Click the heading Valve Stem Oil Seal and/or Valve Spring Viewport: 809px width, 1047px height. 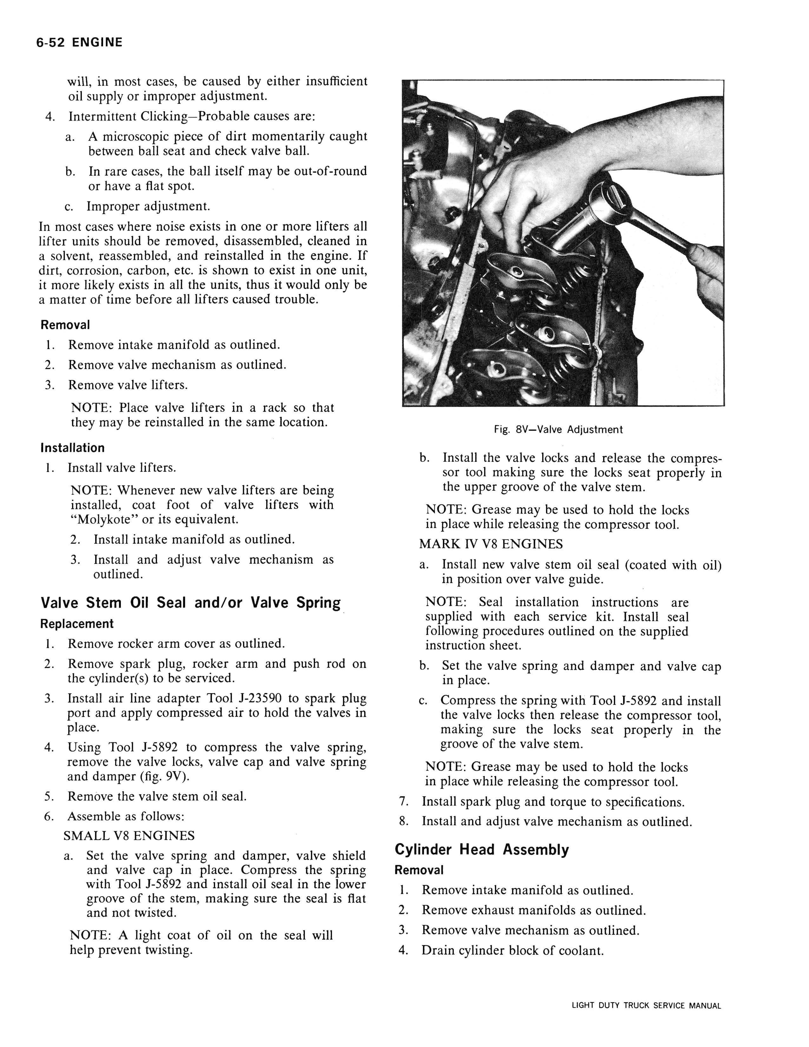(x=190, y=603)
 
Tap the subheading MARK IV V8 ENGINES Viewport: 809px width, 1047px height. (x=491, y=544)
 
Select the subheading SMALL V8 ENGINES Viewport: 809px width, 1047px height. (x=129, y=836)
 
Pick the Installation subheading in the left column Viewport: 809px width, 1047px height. (x=72, y=448)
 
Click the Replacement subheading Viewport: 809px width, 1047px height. (x=77, y=624)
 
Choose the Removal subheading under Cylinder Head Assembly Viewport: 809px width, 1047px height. (x=419, y=870)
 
